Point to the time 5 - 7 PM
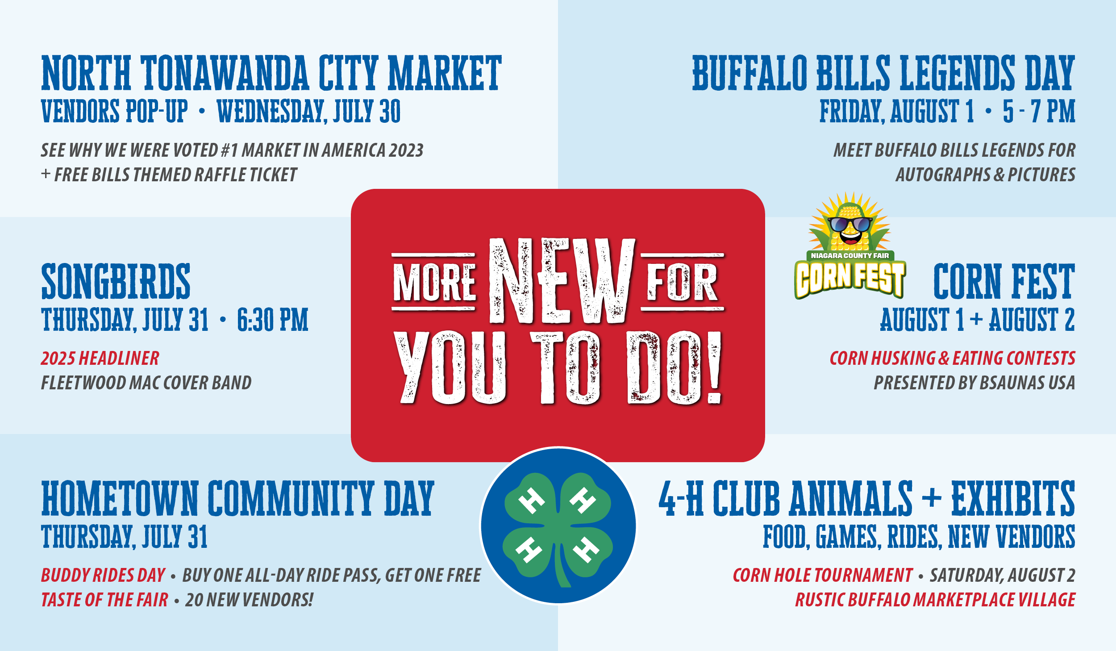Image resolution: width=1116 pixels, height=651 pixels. [1039, 111]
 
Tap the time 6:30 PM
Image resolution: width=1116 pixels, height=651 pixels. [273, 320]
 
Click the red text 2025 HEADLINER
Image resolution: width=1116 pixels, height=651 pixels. [100, 358]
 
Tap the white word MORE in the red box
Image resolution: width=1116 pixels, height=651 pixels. [434, 282]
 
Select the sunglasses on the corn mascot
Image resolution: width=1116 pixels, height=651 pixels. [850, 224]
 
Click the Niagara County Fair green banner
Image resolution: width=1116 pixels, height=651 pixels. [850, 255]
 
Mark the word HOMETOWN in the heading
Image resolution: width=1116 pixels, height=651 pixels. [120, 498]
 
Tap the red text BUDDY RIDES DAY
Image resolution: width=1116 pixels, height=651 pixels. [103, 575]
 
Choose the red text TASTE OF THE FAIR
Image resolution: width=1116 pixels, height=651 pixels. [105, 600]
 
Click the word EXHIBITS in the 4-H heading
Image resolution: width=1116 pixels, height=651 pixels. [1013, 498]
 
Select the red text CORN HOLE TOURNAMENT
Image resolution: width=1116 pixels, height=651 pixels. [823, 575]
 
